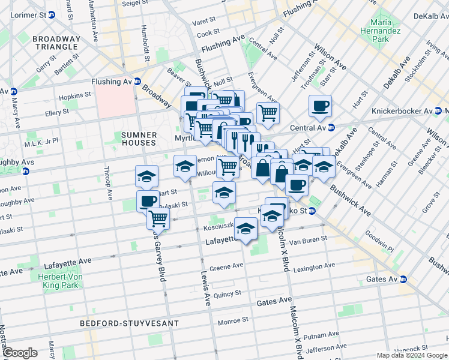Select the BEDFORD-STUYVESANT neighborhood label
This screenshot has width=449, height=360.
(130, 323)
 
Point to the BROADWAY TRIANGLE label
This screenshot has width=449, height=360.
(56, 43)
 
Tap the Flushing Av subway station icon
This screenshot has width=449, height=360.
(137, 82)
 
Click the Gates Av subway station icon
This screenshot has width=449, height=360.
(403, 279)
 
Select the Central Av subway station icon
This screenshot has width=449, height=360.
(331, 127)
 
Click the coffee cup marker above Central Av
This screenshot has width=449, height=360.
(320, 106)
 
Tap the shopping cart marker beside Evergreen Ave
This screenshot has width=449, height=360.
(268, 112)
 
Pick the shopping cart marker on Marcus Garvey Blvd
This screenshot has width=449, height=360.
(157, 217)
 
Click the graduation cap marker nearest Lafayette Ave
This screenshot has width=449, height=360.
(246, 228)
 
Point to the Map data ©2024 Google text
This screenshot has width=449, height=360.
(411, 355)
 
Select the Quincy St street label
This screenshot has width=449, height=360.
(226, 293)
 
